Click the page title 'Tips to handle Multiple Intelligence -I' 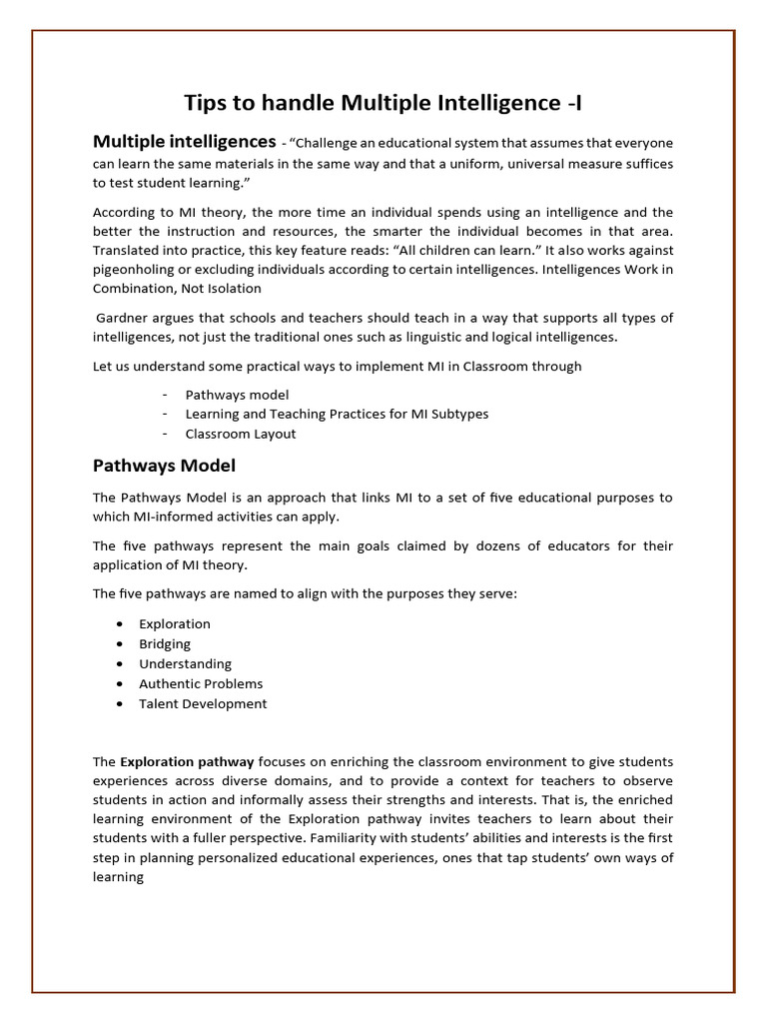click(x=383, y=102)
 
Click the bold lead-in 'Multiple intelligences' click(x=184, y=141)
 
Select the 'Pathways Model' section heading click(x=164, y=466)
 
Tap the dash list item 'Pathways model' click(x=237, y=395)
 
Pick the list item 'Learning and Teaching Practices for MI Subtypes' click(x=337, y=414)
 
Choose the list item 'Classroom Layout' click(x=241, y=434)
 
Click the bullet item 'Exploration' click(x=175, y=623)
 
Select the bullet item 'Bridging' click(x=165, y=643)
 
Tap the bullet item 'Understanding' click(x=185, y=663)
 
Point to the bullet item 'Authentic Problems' click(x=201, y=683)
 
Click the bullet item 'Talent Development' click(x=203, y=703)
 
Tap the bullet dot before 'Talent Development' click(x=120, y=703)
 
